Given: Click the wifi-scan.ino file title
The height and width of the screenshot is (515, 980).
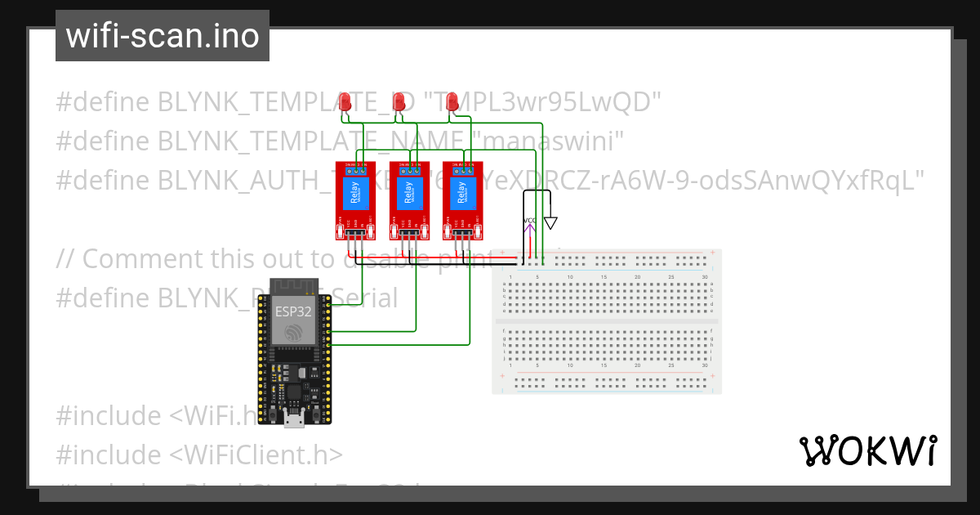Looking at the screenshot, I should [x=163, y=36].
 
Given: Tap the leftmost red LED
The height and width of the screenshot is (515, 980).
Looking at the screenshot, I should [x=345, y=101].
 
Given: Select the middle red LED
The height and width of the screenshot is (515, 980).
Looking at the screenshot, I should [x=399, y=101].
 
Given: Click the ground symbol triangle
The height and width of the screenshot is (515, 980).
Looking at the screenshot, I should [x=550, y=222].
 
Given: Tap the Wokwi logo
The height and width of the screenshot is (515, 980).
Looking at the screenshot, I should [x=867, y=451].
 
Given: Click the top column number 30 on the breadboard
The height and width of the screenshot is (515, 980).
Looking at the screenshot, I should [x=705, y=278].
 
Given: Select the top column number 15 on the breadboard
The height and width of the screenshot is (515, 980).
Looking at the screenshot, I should [x=604, y=278].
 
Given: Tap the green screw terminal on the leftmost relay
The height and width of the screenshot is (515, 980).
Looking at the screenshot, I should [x=355, y=165].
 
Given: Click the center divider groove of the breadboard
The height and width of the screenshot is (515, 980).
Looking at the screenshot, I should [x=607, y=322].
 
